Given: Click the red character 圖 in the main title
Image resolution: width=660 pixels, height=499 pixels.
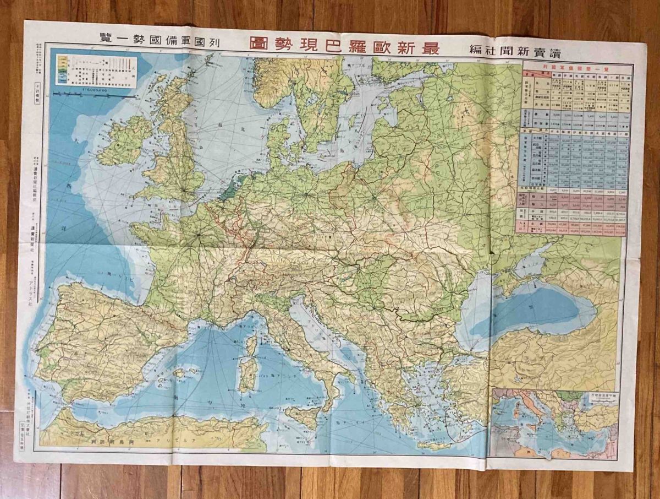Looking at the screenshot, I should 259,44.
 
